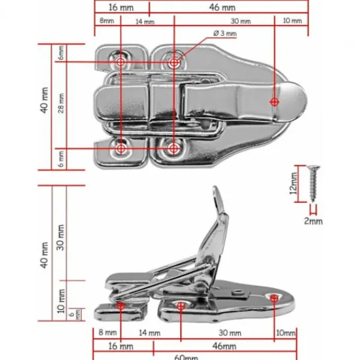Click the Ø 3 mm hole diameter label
click(x=225, y=34)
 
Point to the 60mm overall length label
click(x=186, y=357)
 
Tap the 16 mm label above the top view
click(x=121, y=8)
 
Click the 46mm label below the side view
click(x=224, y=346)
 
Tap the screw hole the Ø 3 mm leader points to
click(x=174, y=62)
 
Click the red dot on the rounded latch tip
click(x=275, y=102)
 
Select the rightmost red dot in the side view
click(x=275, y=297)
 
